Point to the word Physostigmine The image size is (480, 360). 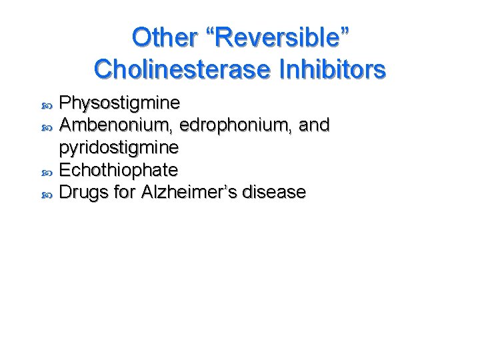[119, 103]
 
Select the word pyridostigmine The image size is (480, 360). [119, 147]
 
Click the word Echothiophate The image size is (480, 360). [119, 170]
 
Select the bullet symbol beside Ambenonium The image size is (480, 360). [46, 127]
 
